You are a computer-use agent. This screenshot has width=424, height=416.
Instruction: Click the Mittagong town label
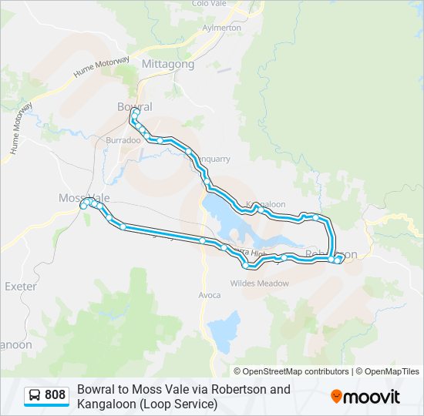pyautogui.click(x=168, y=65)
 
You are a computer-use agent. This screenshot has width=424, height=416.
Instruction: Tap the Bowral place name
pyautogui.click(x=135, y=107)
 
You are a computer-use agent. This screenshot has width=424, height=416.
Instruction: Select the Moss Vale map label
pyautogui.click(x=84, y=198)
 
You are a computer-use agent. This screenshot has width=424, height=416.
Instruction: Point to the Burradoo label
pyautogui.click(x=123, y=140)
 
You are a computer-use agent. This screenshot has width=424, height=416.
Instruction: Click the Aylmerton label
pyautogui.click(x=221, y=28)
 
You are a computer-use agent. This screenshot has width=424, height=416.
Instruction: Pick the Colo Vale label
pyautogui.click(x=208, y=4)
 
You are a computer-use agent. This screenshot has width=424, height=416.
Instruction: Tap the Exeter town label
pyautogui.click(x=21, y=286)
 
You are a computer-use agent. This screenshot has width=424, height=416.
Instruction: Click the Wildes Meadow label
pyautogui.click(x=259, y=283)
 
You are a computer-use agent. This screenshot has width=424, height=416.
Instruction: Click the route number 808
pyautogui.click(x=56, y=395)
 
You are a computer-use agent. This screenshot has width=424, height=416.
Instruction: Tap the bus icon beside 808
pyautogui.click(x=35, y=396)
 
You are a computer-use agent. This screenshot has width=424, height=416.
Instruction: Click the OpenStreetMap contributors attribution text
pyautogui.click(x=291, y=371)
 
